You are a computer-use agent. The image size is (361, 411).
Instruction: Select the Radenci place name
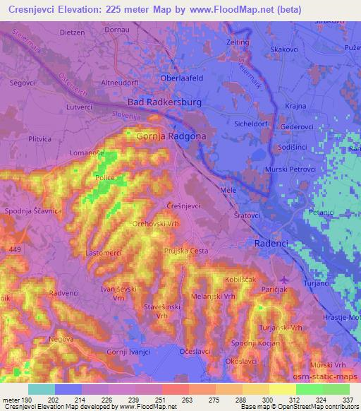[270, 242]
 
